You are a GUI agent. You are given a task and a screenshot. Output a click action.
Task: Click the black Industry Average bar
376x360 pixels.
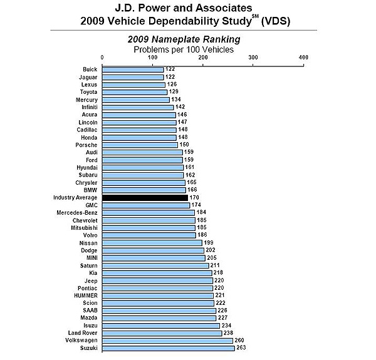coord(145,197)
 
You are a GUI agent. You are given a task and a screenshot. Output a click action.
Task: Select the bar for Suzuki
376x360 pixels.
coord(168,348)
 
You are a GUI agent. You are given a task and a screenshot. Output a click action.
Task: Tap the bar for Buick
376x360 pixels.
coord(133,69)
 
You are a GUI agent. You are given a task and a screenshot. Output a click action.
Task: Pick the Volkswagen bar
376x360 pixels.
coord(167,341)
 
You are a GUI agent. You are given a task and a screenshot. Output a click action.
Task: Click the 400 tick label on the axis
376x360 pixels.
coord(304,57)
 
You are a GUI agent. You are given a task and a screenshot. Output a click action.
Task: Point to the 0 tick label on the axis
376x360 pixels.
coord(102,57)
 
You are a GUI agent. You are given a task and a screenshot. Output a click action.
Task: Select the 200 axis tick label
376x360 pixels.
coord(203,57)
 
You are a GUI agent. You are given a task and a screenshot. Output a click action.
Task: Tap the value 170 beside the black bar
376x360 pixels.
coord(195,197)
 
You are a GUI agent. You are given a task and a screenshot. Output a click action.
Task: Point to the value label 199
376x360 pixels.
coord(209,242)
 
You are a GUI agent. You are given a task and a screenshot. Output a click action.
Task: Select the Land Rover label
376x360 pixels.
coord(82,333)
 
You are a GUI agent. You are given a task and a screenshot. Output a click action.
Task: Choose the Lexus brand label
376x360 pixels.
coord(89,85)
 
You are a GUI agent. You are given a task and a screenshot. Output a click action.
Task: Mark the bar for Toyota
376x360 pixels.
coord(135,92)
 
